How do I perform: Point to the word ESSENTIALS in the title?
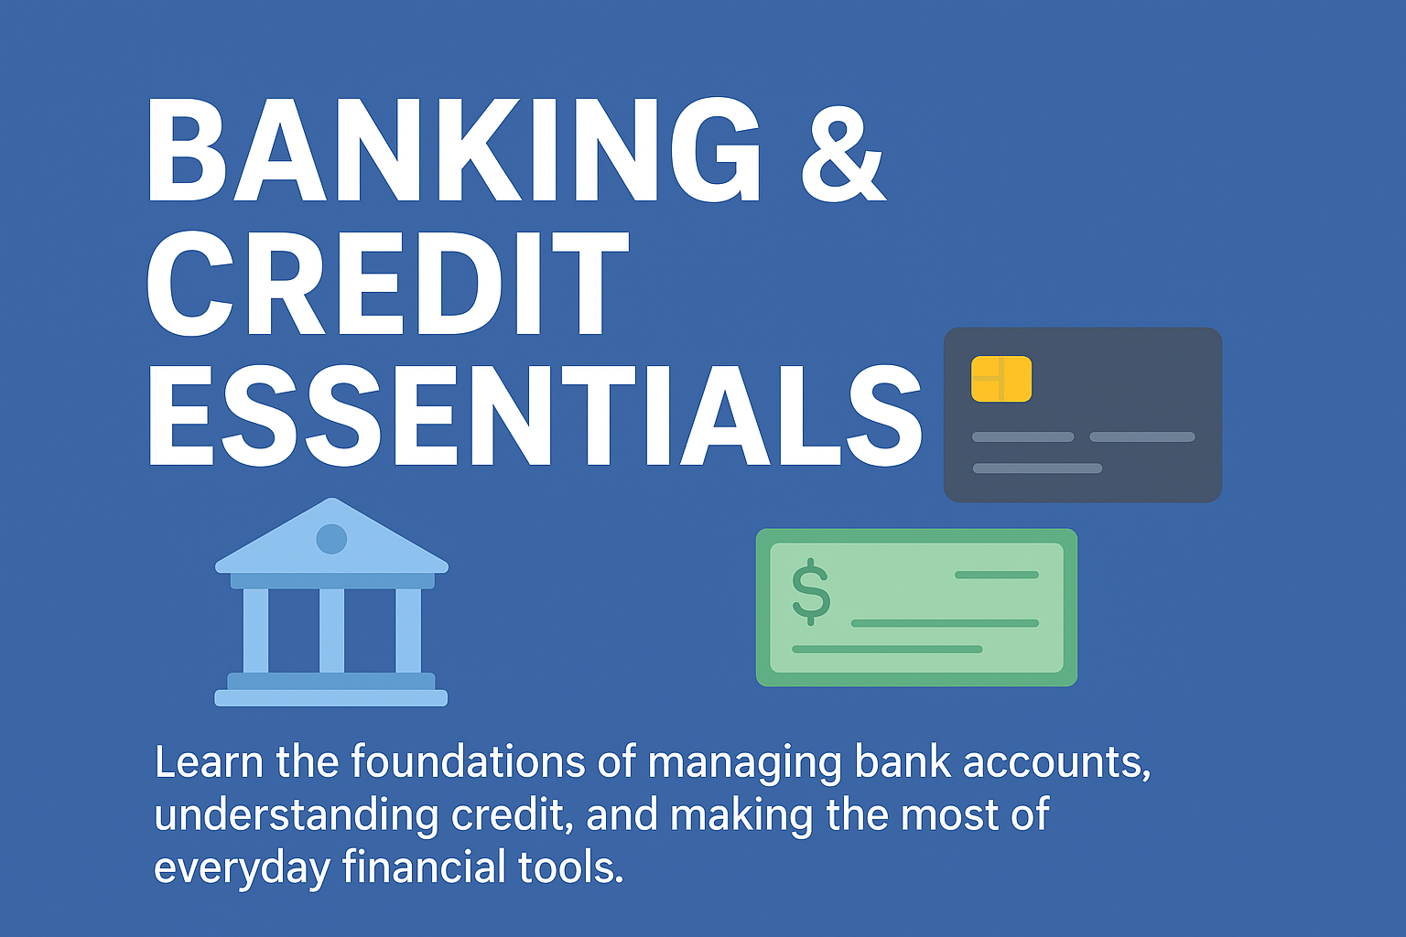[535, 415]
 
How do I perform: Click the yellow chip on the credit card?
[1001, 379]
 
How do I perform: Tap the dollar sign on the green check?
[811, 591]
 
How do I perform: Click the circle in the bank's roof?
[331, 538]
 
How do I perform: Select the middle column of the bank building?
[331, 630]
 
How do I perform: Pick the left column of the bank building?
[255, 630]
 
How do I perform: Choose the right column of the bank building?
[408, 630]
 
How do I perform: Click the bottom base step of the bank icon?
[331, 698]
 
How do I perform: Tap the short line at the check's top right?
[997, 575]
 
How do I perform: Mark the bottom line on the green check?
[887, 650]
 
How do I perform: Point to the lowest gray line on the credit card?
[1037, 468]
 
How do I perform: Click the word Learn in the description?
[209, 762]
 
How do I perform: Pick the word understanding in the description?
[297, 816]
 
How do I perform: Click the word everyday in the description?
[242, 869]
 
